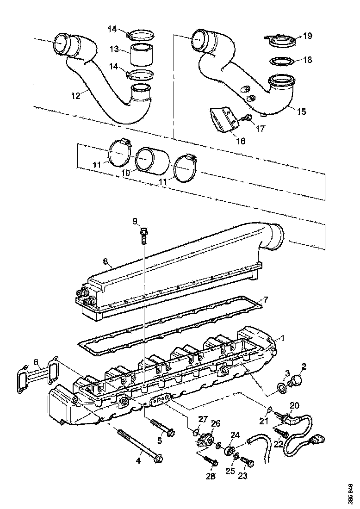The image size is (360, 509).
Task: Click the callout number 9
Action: pos(135,221)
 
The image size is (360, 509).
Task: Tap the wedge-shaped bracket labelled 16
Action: pos(222,119)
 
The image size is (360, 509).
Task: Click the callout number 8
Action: pos(105,262)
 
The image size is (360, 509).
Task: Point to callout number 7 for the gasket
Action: pos(265,299)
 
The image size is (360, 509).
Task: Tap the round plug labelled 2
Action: pos(294,381)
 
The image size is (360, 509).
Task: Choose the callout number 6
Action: pos(36,362)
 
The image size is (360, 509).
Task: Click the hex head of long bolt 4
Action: pos(158,458)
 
